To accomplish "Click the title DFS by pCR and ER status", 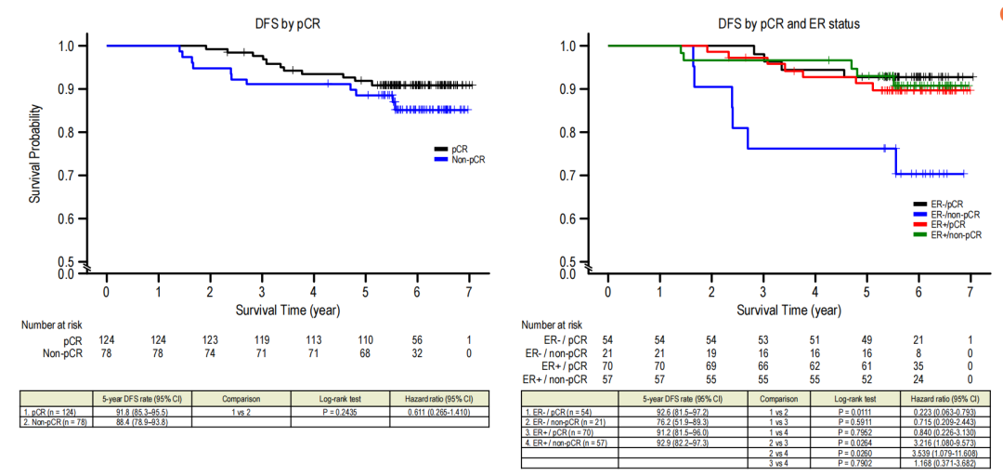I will pos(788,22).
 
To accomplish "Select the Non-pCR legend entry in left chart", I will pos(467,160).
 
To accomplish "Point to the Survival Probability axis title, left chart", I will pos(34,153).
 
